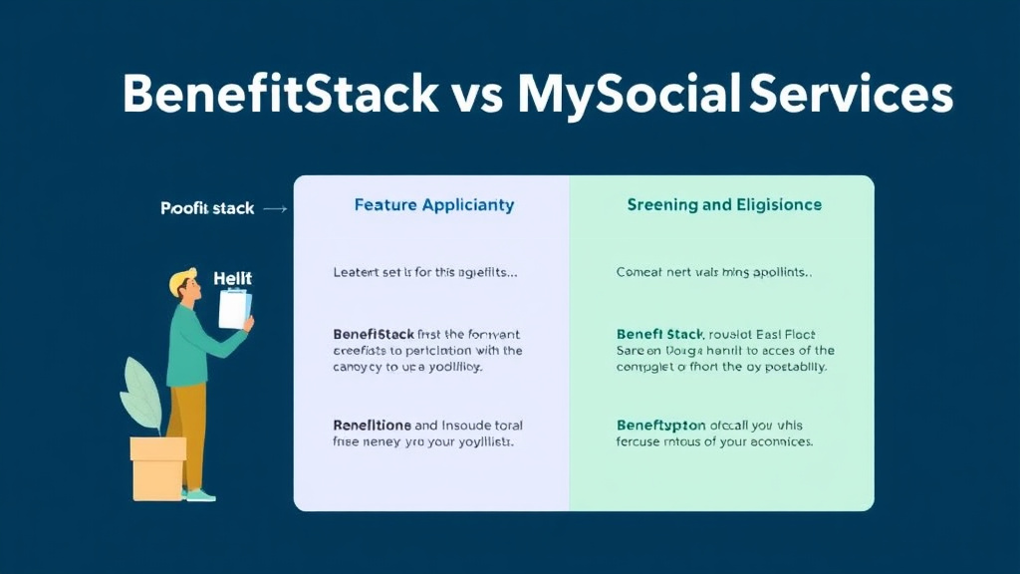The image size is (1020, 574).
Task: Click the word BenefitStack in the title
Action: pyautogui.click(x=279, y=95)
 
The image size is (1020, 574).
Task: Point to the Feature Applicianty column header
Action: pyautogui.click(x=434, y=205)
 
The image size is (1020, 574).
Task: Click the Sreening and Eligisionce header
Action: pyautogui.click(x=724, y=205)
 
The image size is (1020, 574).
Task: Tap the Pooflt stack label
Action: pyautogui.click(x=207, y=209)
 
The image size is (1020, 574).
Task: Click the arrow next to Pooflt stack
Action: pyautogui.click(x=276, y=209)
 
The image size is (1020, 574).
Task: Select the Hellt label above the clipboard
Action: pyautogui.click(x=233, y=279)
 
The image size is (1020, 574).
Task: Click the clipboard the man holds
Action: pyautogui.click(x=234, y=308)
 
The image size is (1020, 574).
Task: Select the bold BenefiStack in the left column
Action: pyautogui.click(x=377, y=335)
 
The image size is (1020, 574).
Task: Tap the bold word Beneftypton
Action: pyautogui.click(x=661, y=426)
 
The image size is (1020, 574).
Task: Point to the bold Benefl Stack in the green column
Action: pyautogui.click(x=661, y=335)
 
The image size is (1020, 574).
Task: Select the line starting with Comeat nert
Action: pyautogui.click(x=714, y=272)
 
